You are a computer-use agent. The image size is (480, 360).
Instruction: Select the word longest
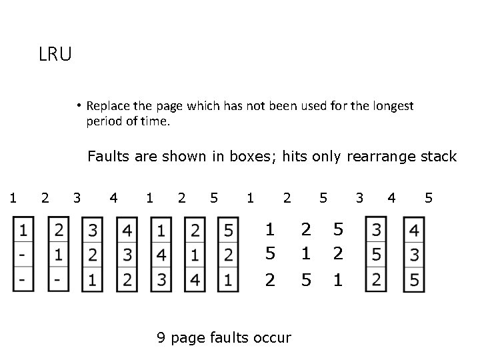(393, 106)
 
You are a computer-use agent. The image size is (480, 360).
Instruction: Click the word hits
(295, 157)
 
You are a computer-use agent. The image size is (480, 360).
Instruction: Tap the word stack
(437, 157)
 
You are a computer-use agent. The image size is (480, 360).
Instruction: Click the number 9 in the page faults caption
(161, 337)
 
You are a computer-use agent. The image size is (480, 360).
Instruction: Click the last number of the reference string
(429, 197)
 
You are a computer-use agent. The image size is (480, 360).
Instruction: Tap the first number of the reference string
(12, 197)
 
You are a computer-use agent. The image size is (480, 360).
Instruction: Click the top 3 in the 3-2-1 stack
(93, 231)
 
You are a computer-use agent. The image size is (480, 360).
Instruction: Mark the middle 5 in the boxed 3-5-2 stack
(377, 255)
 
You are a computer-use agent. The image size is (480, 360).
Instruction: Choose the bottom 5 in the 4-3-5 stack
(415, 281)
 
